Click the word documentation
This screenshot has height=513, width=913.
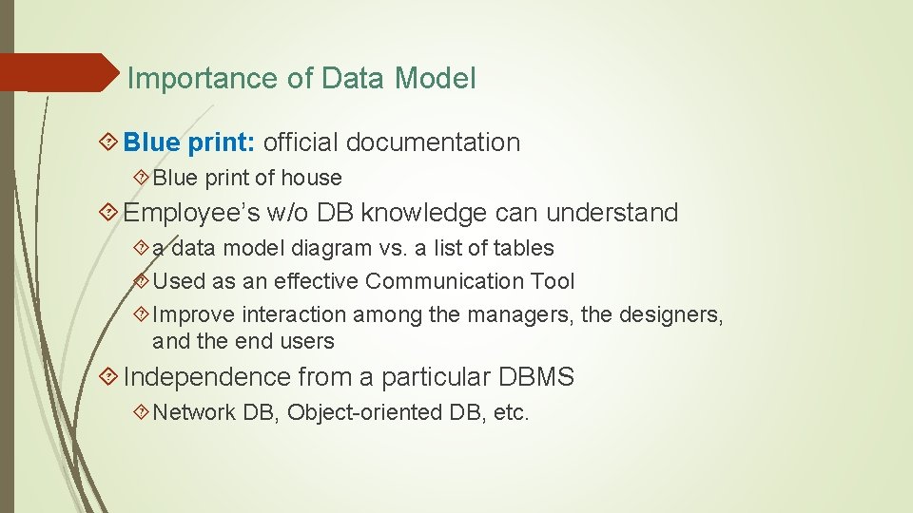pos(434,142)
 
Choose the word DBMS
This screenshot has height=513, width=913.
pos(536,377)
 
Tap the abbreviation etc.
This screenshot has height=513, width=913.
pos(511,412)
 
